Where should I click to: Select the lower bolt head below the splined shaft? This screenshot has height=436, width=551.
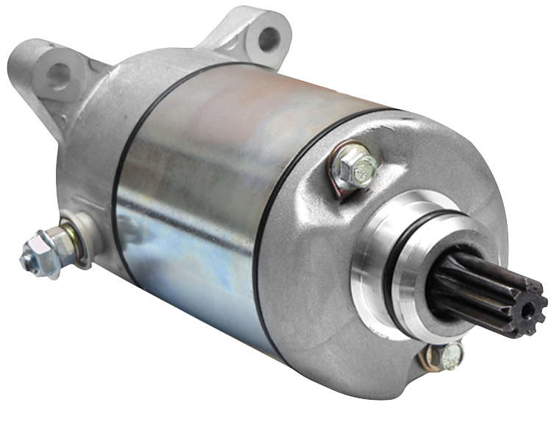tap(451, 356)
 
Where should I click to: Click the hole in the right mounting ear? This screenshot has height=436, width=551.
tap(269, 37)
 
